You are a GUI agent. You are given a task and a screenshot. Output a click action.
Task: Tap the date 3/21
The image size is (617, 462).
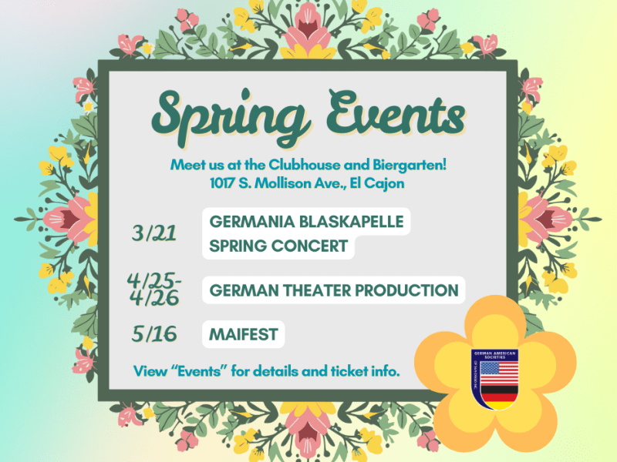pos(154,231)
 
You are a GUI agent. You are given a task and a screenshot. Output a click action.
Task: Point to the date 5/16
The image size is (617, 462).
pos(153,334)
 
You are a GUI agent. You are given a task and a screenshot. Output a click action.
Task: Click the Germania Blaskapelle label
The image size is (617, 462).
pos(306,222)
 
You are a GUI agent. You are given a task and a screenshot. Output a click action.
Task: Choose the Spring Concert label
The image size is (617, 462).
pos(278,247)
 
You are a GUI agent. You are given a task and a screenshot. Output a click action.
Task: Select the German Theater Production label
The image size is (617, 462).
pos(334,290)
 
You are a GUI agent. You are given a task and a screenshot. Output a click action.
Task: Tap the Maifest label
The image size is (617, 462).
pos(242,335)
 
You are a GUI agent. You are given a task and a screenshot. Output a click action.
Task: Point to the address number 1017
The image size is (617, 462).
pos(225,184)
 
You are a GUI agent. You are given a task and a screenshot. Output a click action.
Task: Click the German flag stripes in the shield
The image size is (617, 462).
pos(497,397)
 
